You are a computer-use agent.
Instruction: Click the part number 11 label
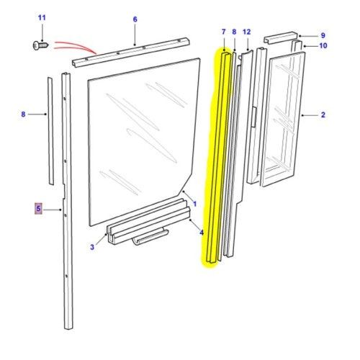click(x=41, y=17)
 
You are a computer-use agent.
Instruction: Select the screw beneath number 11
click(x=38, y=45)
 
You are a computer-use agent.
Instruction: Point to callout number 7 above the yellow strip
click(x=223, y=32)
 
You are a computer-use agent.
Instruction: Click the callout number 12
click(x=247, y=32)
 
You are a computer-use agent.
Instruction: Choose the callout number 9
click(x=323, y=35)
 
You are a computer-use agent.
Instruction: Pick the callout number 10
click(x=323, y=45)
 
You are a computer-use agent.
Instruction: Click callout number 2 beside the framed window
click(x=323, y=115)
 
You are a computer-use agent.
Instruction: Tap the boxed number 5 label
click(x=39, y=209)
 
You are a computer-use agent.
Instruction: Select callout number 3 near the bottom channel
click(x=92, y=248)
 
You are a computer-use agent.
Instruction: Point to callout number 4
click(x=202, y=232)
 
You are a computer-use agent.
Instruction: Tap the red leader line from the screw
click(x=72, y=46)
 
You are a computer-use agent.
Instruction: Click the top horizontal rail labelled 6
click(x=130, y=52)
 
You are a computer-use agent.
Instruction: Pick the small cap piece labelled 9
click(x=281, y=36)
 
